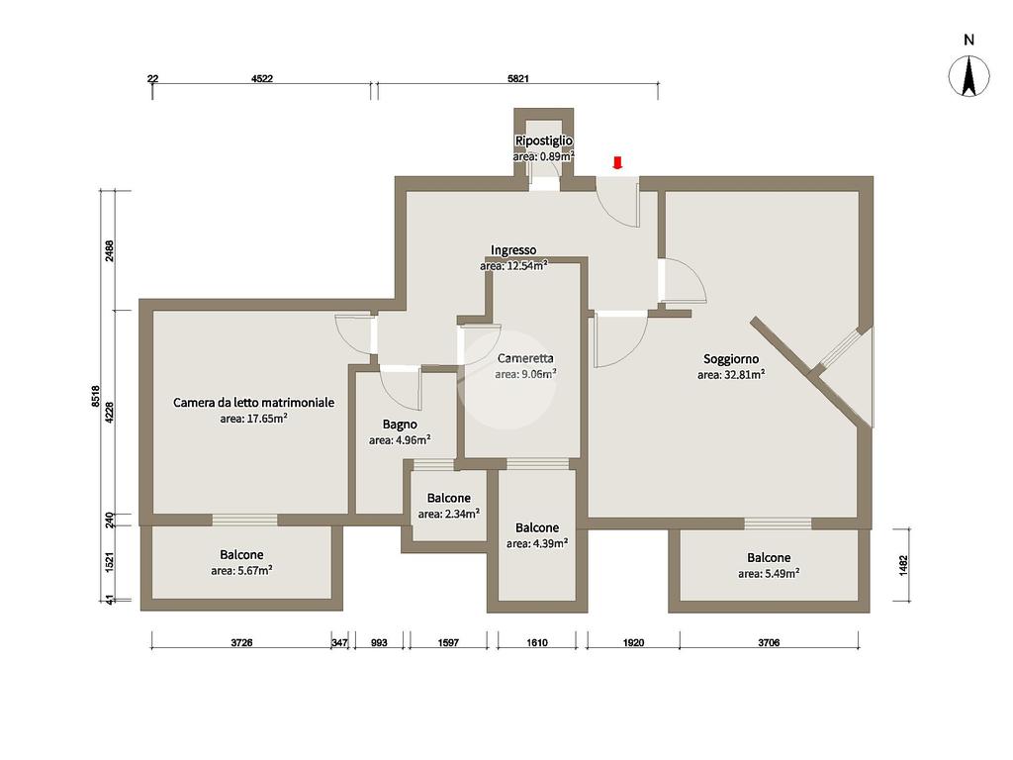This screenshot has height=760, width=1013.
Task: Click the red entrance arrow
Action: click(x=617, y=162)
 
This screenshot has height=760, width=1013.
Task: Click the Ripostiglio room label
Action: click(x=543, y=141)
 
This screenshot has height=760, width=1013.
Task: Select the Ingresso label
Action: click(x=513, y=250)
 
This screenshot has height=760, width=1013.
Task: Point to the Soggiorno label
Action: click(x=731, y=358)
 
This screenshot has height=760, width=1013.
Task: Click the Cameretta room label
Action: click(x=525, y=358)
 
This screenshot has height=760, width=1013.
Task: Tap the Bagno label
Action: click(x=400, y=425)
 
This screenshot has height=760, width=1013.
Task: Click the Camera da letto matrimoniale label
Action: click(x=254, y=403)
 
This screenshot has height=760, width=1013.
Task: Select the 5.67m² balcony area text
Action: click(x=241, y=571)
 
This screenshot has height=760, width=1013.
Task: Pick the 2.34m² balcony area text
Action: click(x=449, y=514)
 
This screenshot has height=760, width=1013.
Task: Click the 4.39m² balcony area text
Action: click(x=537, y=543)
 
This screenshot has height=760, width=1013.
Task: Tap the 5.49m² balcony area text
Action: click(x=769, y=573)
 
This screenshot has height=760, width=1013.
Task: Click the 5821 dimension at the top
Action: click(x=518, y=79)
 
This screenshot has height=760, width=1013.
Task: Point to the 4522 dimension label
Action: click(x=261, y=79)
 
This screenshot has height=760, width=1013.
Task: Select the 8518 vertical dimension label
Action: click(x=96, y=396)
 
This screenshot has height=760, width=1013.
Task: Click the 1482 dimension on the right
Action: click(x=903, y=565)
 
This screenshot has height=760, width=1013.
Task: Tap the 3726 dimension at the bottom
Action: click(x=241, y=642)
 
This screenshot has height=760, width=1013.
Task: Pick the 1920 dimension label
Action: click(x=634, y=642)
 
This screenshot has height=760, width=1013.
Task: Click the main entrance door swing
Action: click(x=617, y=203)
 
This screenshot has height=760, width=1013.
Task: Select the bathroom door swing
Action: click(x=402, y=389)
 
